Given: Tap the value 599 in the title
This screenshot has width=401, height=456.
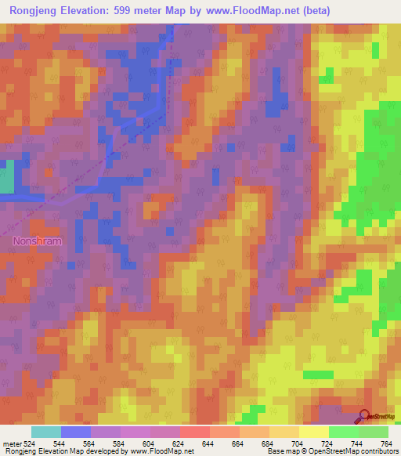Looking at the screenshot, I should [x=130, y=11].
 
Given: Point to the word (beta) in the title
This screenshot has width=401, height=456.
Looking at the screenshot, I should [x=312, y=11].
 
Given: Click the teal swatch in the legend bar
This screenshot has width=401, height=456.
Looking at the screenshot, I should [x=45, y=432].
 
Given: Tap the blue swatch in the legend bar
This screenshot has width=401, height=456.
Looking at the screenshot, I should [x=75, y=432].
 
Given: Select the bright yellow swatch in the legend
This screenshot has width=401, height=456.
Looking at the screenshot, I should [x=313, y=432].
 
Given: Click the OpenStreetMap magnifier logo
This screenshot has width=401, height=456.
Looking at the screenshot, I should [x=366, y=417].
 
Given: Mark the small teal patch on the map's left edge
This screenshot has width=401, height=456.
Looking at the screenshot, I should [x=6, y=177].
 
